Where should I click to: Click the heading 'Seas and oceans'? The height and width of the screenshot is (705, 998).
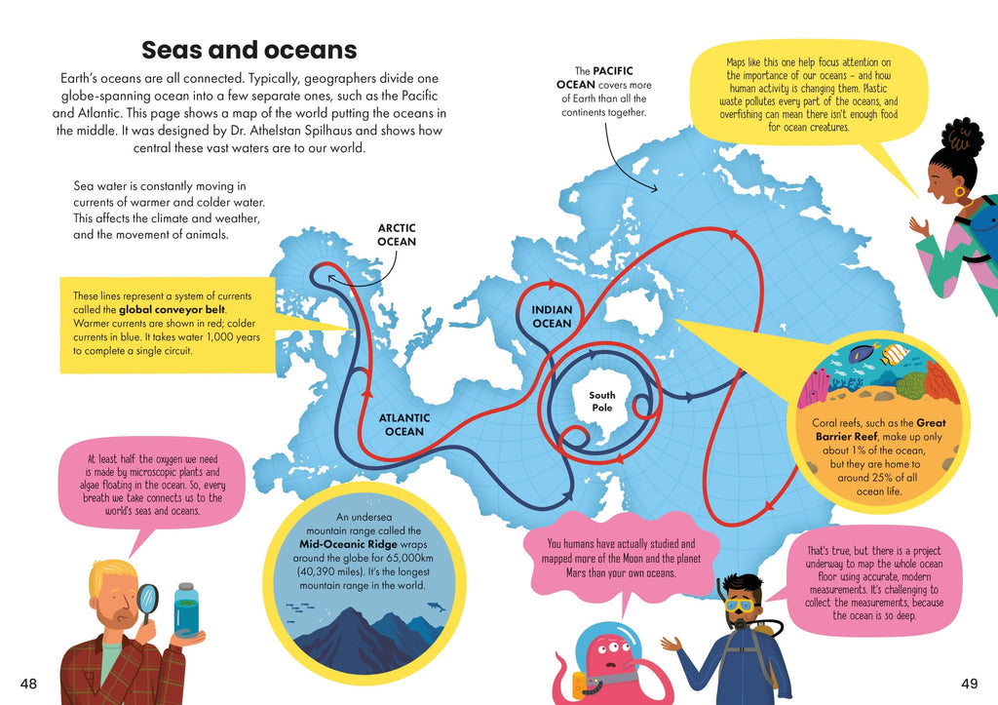(x=249, y=50)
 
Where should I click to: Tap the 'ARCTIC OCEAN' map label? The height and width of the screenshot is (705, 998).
(x=397, y=235)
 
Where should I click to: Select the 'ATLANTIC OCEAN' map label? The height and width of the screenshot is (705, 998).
(x=403, y=425)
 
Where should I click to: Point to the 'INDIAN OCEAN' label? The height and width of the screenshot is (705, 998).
(x=552, y=316)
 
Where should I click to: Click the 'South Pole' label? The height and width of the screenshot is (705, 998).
(x=602, y=401)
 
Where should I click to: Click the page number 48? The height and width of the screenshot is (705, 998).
(x=28, y=683)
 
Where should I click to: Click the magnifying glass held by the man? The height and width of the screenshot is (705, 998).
(x=148, y=599)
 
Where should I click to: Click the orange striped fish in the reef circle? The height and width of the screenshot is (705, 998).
(x=894, y=355)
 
